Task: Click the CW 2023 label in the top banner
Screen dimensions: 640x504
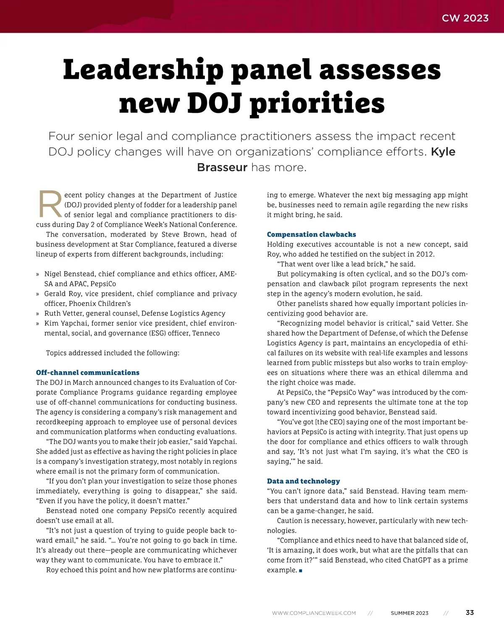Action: click(465, 18)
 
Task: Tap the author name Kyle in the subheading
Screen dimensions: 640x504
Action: click(443, 152)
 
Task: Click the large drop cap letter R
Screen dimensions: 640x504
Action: click(50, 204)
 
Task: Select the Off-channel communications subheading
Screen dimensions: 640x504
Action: click(87, 373)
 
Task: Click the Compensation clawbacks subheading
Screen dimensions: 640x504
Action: click(311, 235)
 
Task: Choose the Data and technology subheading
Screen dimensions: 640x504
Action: click(303, 481)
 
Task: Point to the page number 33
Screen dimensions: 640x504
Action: click(470, 613)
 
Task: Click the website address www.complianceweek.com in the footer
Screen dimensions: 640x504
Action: click(314, 613)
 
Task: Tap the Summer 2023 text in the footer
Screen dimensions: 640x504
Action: click(409, 613)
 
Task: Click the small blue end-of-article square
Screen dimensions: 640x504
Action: click(301, 571)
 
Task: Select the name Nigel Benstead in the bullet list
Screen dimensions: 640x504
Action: click(69, 274)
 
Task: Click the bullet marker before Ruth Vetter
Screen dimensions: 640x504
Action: click(38, 314)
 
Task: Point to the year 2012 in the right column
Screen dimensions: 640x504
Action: click(426, 254)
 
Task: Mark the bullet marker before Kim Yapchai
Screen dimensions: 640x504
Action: click(38, 324)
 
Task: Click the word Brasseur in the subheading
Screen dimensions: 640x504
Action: click(222, 167)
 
